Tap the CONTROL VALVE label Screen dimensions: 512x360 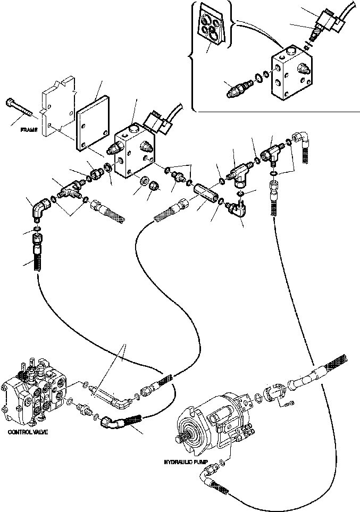click(28, 432)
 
